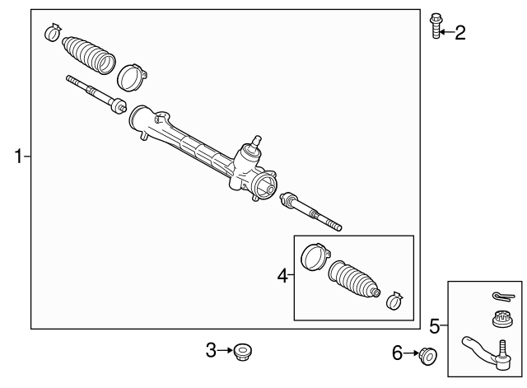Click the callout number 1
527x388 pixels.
(x=19, y=157)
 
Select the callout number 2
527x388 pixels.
(x=460, y=33)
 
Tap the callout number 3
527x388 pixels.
(x=211, y=350)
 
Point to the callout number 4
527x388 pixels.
(x=282, y=276)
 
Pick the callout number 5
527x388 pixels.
(x=435, y=326)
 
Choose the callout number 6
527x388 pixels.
(x=397, y=353)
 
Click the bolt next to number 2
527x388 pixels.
(x=436, y=26)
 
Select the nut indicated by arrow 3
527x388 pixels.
(x=243, y=352)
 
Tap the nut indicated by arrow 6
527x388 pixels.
(x=428, y=357)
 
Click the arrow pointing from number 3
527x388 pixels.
(x=225, y=350)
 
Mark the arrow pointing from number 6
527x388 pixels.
(x=412, y=353)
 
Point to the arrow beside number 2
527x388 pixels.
(x=446, y=32)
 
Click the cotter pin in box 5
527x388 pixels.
(x=503, y=297)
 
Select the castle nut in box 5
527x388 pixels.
(x=502, y=319)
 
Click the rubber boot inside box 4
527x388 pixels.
(x=354, y=278)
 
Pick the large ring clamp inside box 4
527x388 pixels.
(x=315, y=257)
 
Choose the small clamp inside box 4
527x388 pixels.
(x=394, y=301)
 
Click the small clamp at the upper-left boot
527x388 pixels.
(x=53, y=32)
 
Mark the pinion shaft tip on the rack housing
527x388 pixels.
(x=257, y=140)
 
